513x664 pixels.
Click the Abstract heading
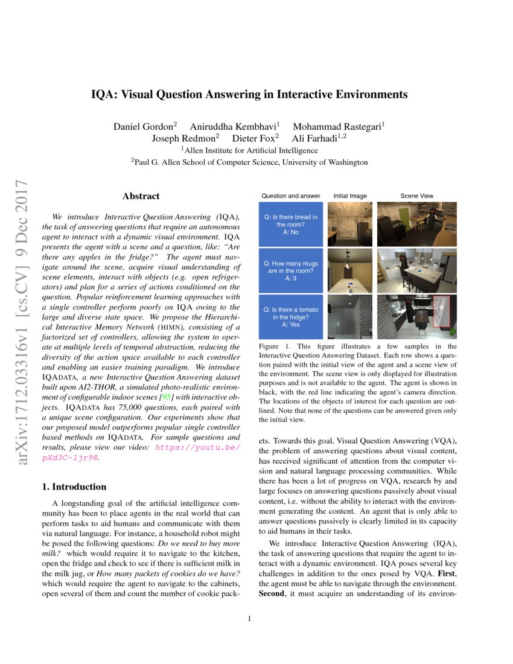coord(141,196)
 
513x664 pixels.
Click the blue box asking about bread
coord(290,224)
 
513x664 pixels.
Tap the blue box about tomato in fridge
coord(290,316)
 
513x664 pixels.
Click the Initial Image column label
coord(349,196)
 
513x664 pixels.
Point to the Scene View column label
coord(416,196)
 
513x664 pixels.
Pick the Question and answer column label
coord(290,196)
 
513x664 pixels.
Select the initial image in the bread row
coord(349,224)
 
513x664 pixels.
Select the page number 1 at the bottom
coord(249,619)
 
